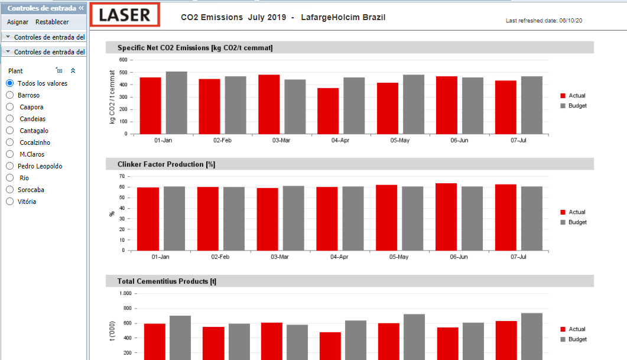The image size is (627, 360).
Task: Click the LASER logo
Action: (x=125, y=15)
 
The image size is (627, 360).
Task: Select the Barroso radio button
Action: (x=10, y=95)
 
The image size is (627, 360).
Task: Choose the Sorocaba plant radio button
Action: (x=10, y=190)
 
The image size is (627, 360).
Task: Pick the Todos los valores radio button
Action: (x=10, y=83)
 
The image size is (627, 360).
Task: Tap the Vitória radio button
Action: (x=10, y=202)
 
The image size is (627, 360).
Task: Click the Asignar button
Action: (x=18, y=22)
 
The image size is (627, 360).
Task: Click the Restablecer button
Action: (x=52, y=22)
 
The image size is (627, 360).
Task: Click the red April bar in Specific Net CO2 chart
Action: (x=328, y=111)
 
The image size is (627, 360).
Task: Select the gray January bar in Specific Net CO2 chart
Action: (x=176, y=103)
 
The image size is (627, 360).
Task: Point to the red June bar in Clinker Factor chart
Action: (x=446, y=217)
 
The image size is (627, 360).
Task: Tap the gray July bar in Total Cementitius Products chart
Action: (x=532, y=336)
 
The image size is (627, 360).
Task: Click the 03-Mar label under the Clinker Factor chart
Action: (x=280, y=257)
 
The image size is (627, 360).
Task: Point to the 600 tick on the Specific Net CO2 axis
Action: (x=123, y=60)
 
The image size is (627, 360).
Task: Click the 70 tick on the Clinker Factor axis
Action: (x=122, y=176)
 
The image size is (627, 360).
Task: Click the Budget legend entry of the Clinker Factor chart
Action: (x=573, y=222)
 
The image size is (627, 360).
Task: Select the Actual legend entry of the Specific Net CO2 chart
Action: (x=573, y=96)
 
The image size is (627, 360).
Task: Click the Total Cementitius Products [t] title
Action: (x=167, y=281)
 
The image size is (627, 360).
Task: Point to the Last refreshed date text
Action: (x=544, y=21)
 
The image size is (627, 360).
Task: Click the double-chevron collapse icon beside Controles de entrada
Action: (x=81, y=8)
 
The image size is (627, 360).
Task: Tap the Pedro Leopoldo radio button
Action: (x=10, y=166)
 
